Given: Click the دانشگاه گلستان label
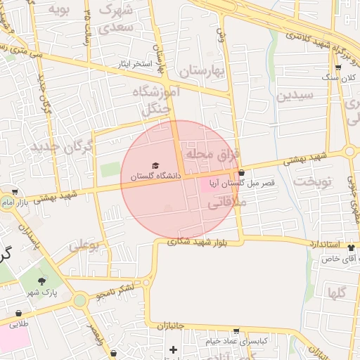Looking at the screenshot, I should click(151, 175).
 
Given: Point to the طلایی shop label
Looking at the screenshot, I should click(18, 324).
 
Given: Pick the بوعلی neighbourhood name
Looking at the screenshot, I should click(84, 247).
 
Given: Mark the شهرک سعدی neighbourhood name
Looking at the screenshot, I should click(117, 20).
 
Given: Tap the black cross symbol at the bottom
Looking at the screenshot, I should click(173, 349).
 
